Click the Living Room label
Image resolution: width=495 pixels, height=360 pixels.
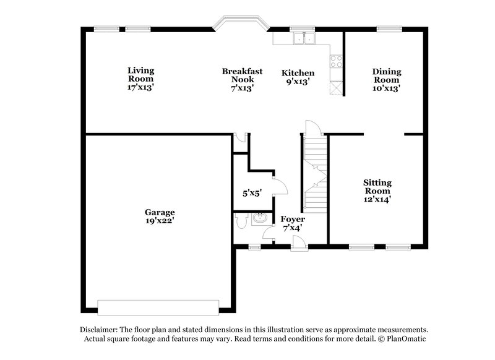coord(140,79)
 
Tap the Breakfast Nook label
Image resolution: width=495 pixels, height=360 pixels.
coord(243,79)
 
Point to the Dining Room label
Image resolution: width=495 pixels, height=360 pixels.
coord(386,79)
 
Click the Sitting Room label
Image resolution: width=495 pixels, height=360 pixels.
coord(377,191)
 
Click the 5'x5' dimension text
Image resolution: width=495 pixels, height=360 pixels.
coord(252,193)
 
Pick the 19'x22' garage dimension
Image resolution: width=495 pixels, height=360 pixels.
coord(160,221)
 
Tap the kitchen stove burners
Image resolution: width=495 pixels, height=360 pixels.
coord(337,61)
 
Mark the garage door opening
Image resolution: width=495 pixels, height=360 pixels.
coord(158,307)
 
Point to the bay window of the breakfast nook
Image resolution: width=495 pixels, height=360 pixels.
coord(240,24)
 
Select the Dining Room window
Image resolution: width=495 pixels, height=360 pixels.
coord(389,27)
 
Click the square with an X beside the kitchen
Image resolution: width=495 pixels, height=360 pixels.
coord(337,88)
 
